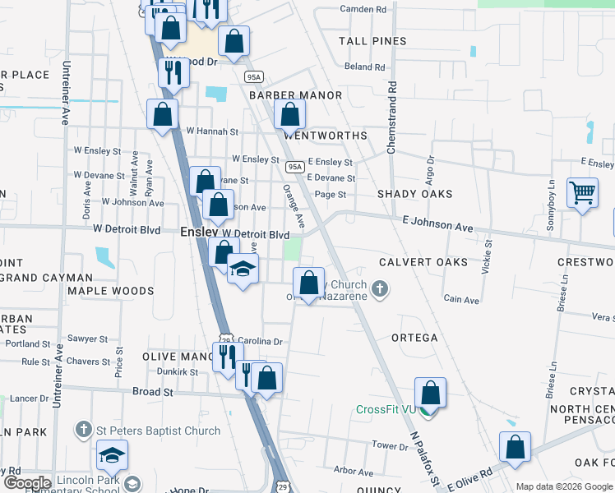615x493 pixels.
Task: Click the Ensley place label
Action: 198,233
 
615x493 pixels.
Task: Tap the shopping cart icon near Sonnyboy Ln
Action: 582,194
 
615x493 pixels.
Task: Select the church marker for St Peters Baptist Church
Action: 83,430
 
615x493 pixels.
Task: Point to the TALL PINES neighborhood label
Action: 372,41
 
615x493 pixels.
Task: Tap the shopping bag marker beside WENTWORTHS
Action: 289,115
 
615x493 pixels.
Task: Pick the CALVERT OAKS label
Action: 423,262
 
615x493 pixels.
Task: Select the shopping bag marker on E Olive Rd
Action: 515,448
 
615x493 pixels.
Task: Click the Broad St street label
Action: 153,392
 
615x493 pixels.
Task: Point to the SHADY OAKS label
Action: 415,194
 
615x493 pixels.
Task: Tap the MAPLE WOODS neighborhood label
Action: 111,291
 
